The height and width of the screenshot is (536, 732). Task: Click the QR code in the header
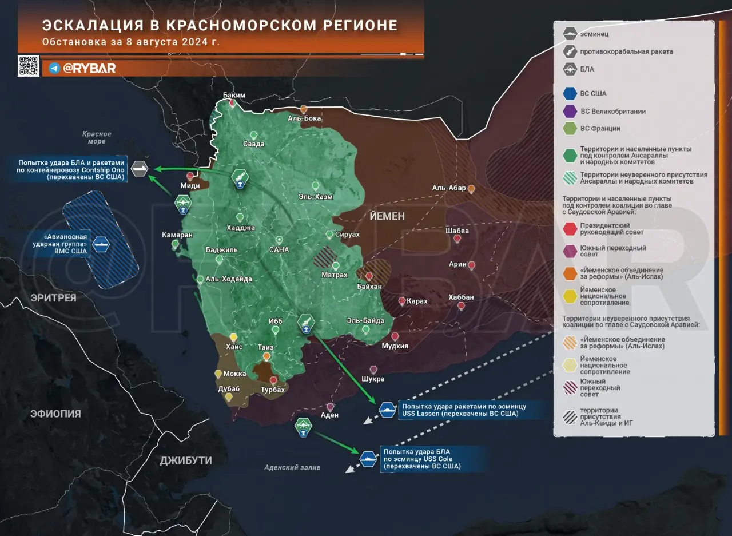29,66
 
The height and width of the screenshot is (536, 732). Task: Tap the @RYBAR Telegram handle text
89,68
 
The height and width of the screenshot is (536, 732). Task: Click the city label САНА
279,250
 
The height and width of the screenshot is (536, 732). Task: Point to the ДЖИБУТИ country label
186,460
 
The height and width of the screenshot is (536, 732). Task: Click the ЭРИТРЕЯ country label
53,298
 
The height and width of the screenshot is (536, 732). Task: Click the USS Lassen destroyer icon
387,410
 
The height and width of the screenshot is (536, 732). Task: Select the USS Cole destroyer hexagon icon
368,458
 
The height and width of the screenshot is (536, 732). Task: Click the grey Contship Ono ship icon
140,169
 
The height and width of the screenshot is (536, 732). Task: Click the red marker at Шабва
457,239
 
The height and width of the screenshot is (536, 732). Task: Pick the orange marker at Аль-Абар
471,188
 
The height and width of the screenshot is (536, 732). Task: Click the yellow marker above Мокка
218,374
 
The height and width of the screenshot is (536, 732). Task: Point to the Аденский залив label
292,467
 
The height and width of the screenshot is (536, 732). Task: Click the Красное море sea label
96,138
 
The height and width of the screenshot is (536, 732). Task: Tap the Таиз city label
266,347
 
